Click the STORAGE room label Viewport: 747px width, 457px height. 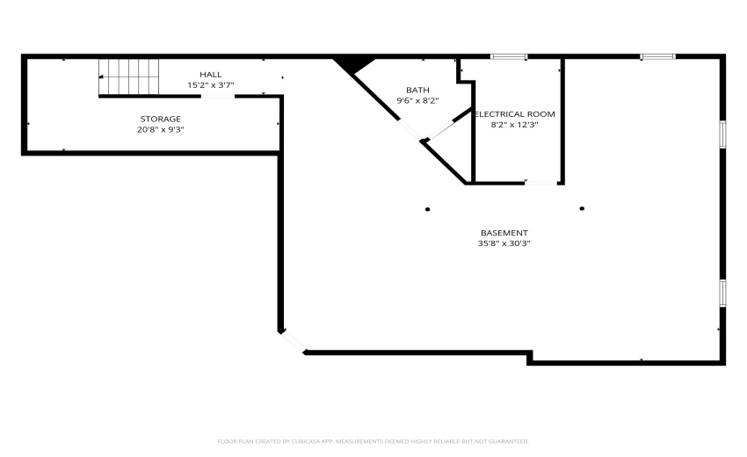(161, 119)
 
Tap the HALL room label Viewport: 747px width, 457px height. (211, 75)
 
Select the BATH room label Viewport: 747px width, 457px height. (417, 90)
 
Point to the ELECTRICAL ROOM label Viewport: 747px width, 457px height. (515, 114)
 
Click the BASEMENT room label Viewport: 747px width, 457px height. (504, 233)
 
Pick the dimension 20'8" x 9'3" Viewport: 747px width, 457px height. (161, 130)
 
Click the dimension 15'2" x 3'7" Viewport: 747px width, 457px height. (211, 85)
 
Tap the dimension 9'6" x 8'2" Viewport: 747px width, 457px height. (417, 100)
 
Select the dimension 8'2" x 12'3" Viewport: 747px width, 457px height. (513, 125)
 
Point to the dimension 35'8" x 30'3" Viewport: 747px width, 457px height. (504, 243)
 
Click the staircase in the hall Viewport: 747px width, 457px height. (128, 76)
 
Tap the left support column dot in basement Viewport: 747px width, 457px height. (428, 209)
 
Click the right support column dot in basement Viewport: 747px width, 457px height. (582, 208)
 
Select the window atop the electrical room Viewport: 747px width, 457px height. (509, 57)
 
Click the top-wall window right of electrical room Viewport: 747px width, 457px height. (657, 57)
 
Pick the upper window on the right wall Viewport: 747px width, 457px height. (722, 134)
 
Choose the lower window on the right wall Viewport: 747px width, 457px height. (722, 293)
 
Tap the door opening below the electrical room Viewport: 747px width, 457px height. (542, 183)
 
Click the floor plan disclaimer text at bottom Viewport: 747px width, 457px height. (373, 441)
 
